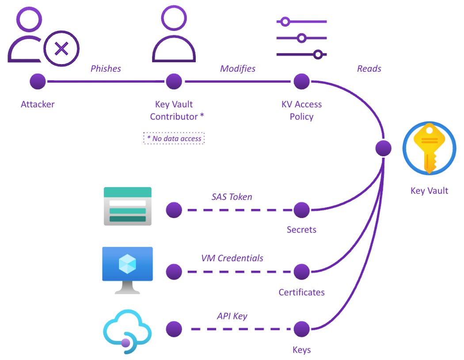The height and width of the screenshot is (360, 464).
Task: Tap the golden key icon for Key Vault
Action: [x=429, y=148]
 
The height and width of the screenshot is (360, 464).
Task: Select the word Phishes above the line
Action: [x=106, y=69]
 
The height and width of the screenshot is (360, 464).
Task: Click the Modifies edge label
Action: [x=238, y=69]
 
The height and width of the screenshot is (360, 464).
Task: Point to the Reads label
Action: [x=369, y=69]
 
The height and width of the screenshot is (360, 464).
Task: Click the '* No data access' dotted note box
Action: [x=174, y=138]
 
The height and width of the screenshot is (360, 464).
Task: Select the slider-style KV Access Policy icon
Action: [x=301, y=38]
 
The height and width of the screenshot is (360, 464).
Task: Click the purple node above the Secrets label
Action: [x=302, y=210]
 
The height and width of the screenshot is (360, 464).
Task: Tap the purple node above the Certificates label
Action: [x=302, y=272]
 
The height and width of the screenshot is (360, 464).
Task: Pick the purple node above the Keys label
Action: [x=302, y=329]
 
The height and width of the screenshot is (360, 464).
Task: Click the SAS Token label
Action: [x=232, y=197]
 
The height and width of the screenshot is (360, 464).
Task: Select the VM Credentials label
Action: [x=232, y=258]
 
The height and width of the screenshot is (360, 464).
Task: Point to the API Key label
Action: [x=232, y=316]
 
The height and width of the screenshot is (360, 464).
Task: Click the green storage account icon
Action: [x=127, y=206]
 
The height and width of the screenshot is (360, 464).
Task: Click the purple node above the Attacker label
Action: [x=38, y=81]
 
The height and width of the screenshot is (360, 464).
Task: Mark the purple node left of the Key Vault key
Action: [x=383, y=148]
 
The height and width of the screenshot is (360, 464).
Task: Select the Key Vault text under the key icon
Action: [x=429, y=191]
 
